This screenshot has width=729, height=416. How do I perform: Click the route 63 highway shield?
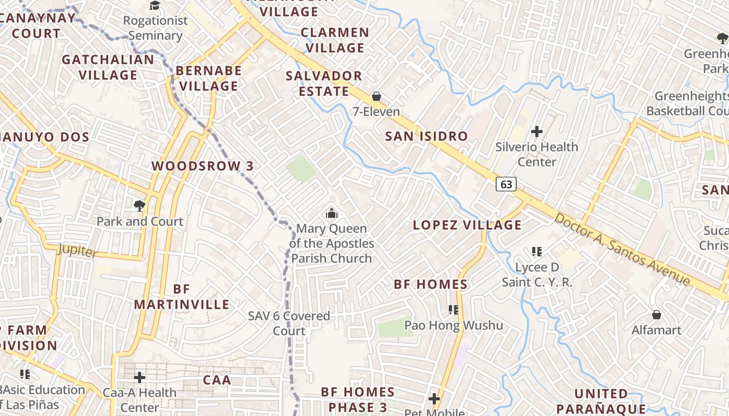tap(506, 184)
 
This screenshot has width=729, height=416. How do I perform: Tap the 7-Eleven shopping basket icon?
tap(376, 96)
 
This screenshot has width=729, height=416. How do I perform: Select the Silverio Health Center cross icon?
tap(537, 132)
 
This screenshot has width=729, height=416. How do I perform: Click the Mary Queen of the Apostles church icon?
tap(331, 213)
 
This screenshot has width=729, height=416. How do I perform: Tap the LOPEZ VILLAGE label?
tap(467, 225)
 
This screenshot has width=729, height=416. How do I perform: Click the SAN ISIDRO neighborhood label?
tap(426, 136)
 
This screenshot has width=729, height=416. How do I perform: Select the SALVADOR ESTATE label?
tap(324, 84)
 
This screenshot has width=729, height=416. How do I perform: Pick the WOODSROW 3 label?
tap(203, 166)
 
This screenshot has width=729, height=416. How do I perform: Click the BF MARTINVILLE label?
tap(182, 297)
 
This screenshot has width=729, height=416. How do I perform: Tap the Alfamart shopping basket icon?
tap(657, 315)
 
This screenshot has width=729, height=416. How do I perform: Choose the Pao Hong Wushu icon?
tap(454, 310)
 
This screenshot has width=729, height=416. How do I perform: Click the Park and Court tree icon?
tap(139, 205)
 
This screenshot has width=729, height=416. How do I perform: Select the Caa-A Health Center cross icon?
tap(139, 377)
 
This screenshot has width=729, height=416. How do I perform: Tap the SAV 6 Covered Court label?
tap(289, 323)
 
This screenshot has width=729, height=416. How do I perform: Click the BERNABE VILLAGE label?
tap(209, 78)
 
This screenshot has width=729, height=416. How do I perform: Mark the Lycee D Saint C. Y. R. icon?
tap(537, 252)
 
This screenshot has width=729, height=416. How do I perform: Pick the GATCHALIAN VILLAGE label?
tap(108, 67)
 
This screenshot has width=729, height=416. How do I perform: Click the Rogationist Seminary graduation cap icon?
tap(155, 6)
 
